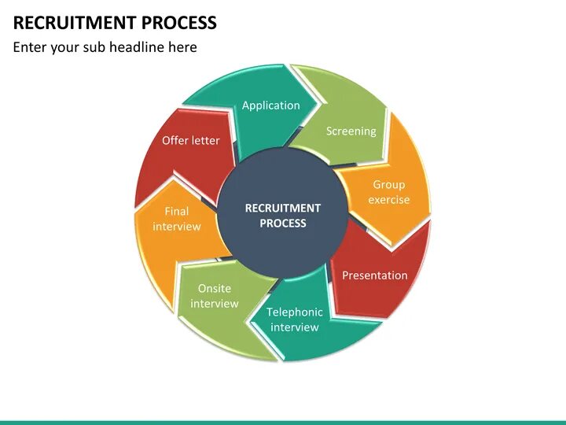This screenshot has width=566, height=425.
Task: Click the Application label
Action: (x=270, y=105)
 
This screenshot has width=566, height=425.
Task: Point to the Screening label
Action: (x=351, y=131)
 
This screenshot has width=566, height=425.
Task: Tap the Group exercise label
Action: (x=389, y=192)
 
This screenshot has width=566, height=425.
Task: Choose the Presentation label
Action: (x=374, y=275)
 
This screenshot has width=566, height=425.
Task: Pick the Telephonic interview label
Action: (x=295, y=320)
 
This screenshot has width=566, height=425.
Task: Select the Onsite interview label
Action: (x=214, y=296)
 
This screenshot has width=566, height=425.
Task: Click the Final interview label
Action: (x=177, y=219)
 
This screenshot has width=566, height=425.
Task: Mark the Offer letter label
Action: (x=191, y=141)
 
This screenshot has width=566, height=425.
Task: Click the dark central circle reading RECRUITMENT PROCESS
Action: (x=283, y=216)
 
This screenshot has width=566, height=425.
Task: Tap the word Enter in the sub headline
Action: (x=30, y=47)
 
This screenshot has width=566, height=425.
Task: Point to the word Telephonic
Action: (x=295, y=312)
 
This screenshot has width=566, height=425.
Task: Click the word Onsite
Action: (x=214, y=288)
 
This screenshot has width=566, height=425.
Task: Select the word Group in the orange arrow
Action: (x=389, y=184)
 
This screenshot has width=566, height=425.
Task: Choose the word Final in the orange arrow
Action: (x=177, y=211)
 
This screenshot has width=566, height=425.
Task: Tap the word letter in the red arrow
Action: (x=205, y=141)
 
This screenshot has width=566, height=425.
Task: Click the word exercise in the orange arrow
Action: (x=389, y=200)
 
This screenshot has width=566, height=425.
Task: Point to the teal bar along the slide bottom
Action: (x=283, y=422)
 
